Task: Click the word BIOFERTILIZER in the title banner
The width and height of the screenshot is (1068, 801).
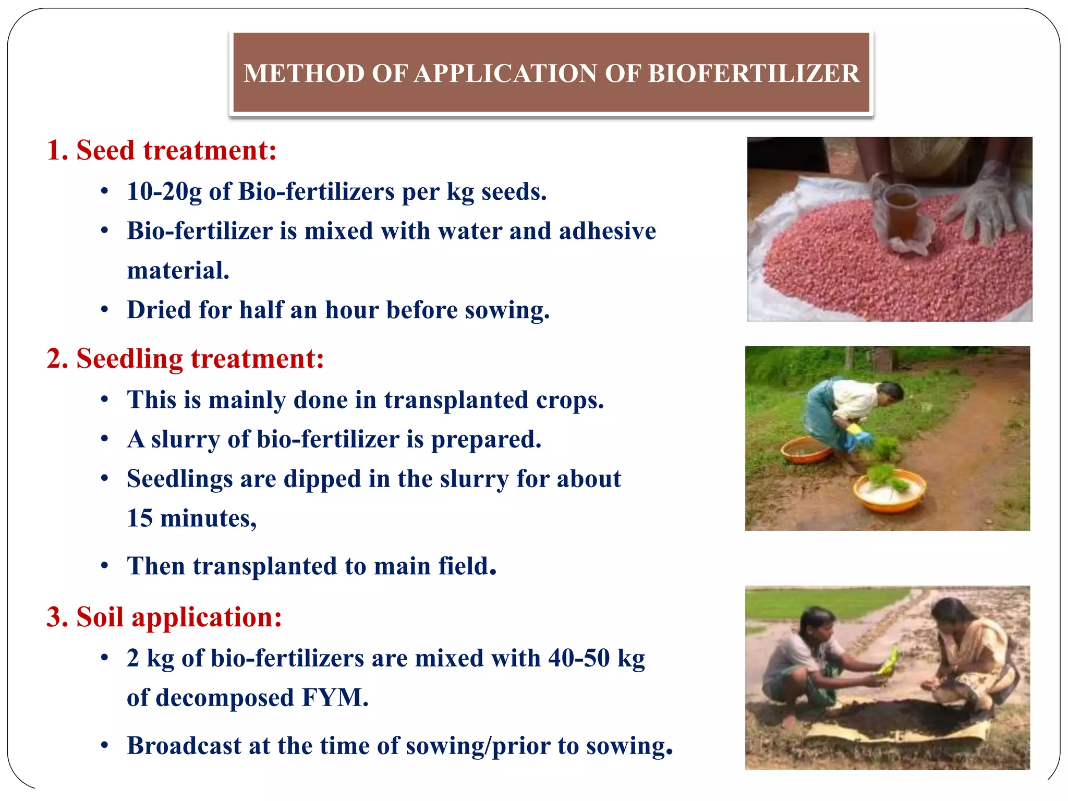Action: (753, 74)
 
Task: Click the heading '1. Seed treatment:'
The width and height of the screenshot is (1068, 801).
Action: (161, 151)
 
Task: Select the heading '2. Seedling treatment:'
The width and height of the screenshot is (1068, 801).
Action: (185, 359)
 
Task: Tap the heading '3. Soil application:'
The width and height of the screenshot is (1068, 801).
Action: (164, 617)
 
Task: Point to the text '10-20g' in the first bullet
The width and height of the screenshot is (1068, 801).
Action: (164, 192)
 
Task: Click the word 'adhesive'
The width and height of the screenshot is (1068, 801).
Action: (607, 231)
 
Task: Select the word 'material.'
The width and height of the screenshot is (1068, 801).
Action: (178, 271)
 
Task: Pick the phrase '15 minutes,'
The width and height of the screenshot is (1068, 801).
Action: (191, 518)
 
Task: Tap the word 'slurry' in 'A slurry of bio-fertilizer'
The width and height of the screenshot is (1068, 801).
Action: (185, 440)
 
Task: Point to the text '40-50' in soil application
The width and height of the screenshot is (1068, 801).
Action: (578, 658)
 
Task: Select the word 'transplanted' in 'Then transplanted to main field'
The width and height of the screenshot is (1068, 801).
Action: (264, 566)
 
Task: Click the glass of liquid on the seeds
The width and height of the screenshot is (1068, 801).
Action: (903, 211)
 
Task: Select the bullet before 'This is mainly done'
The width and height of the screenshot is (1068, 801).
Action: (105, 400)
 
